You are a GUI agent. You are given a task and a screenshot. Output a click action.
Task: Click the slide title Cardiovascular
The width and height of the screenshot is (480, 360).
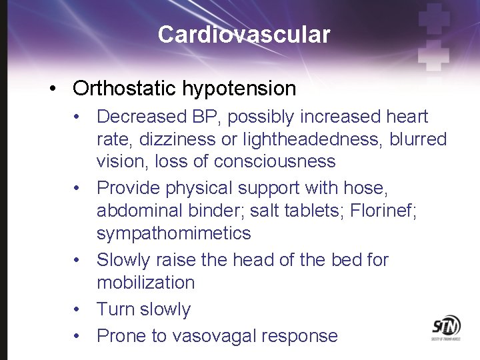click(x=243, y=35)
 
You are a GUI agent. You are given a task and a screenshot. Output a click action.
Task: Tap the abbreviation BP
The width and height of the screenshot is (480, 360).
click(x=206, y=117)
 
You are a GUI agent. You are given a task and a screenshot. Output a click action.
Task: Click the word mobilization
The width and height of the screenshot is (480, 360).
click(x=146, y=283)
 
